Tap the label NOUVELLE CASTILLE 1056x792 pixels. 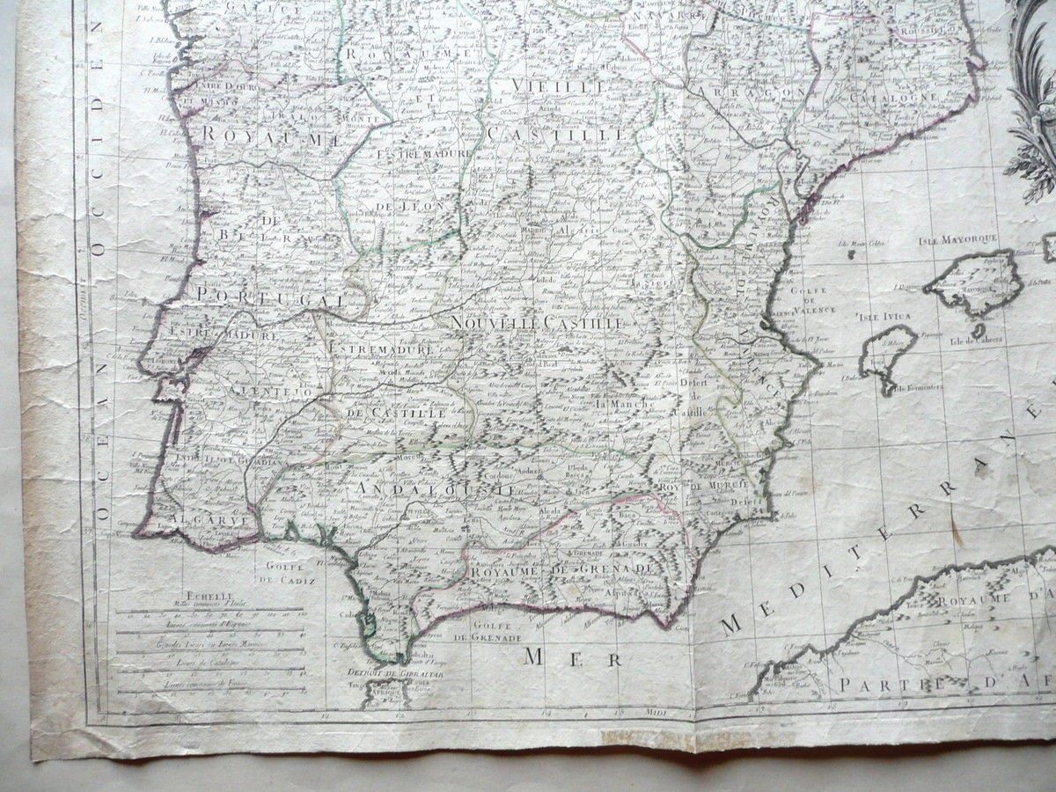(536, 324)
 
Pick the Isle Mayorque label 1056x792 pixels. (957, 239)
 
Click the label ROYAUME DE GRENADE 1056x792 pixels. (562, 570)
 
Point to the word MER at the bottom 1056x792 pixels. (572, 656)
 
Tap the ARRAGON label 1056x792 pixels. (749, 92)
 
